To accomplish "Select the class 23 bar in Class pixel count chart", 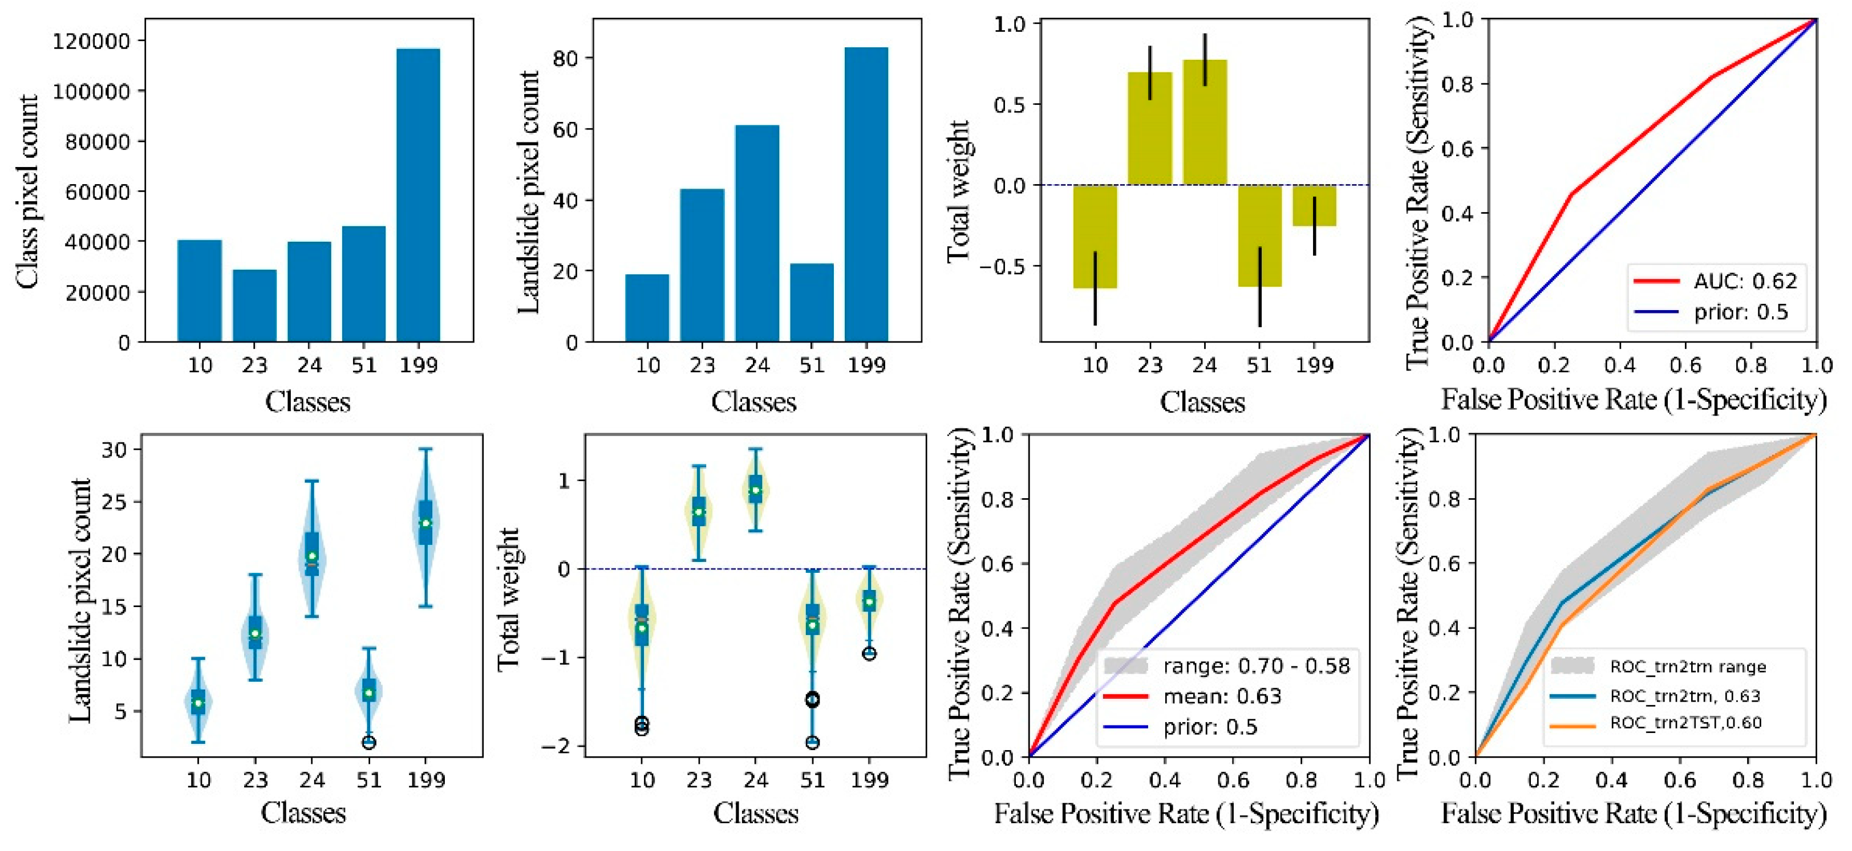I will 254,306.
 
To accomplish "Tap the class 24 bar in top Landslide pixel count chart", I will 756,234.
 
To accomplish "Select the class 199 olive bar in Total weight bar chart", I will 1314,206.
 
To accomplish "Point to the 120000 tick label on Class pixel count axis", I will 91,42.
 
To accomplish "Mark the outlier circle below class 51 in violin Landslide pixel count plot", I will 369,743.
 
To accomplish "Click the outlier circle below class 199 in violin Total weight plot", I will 869,653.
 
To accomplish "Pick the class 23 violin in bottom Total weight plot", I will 698,512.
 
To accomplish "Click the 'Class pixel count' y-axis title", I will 27,192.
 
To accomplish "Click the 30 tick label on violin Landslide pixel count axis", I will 114,450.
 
